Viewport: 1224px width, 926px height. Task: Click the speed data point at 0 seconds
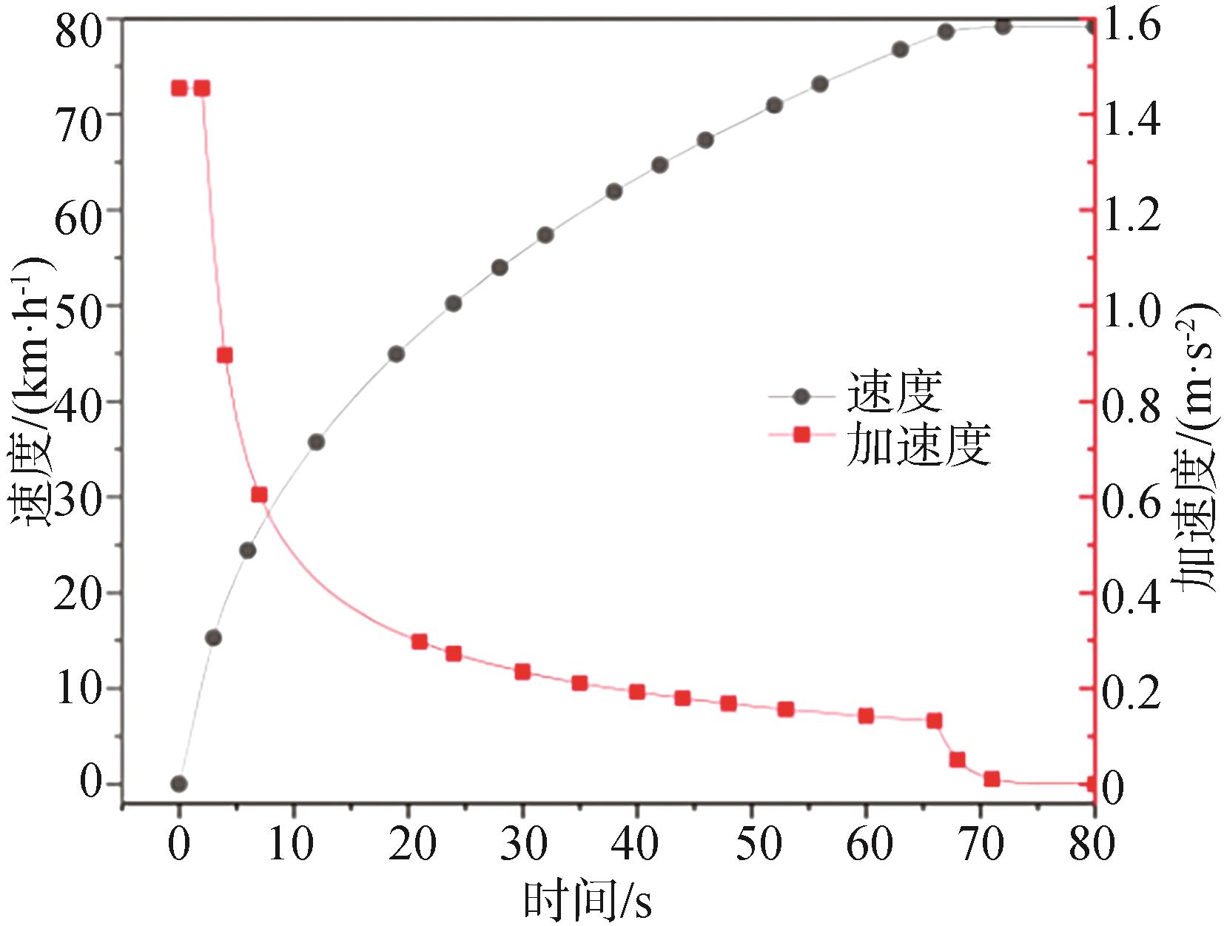coord(178,784)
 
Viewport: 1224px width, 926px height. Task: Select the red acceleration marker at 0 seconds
coord(178,89)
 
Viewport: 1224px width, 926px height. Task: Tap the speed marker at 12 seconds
coord(316,442)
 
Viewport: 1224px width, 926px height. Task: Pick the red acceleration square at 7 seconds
coord(259,494)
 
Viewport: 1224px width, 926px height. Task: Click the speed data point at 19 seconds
coord(396,354)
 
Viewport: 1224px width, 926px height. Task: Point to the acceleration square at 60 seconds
coord(866,716)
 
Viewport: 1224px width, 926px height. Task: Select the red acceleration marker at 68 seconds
coord(958,759)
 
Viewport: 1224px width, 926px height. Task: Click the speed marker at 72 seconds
coord(1003,27)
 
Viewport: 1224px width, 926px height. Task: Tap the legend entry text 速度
coord(894,394)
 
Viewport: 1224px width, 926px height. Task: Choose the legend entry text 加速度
coord(918,444)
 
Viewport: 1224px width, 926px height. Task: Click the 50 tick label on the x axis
coord(752,844)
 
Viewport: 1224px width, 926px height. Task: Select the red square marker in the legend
coord(801,435)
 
